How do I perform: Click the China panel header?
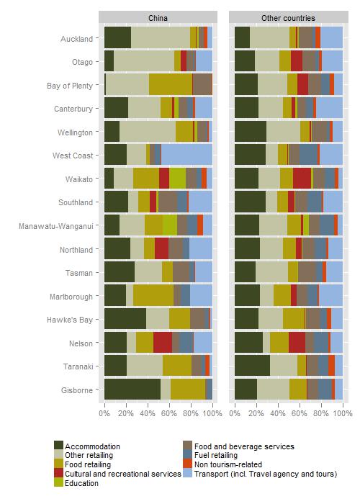click(158, 17)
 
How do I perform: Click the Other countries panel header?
click(288, 17)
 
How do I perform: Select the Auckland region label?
click(76, 39)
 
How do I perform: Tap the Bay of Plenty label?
click(70, 86)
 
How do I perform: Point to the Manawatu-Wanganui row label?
click(56, 226)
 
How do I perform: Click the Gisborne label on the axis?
click(77, 390)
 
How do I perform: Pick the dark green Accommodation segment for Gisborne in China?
click(132, 390)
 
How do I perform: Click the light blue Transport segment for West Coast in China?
click(186, 155)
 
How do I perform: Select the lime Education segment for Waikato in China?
click(177, 178)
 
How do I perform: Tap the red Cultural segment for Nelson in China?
click(163, 342)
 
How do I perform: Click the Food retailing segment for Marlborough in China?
click(153, 295)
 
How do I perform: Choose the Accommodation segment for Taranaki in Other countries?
click(252, 366)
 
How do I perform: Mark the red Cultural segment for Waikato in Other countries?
click(302, 178)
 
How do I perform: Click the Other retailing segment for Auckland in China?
click(161, 37)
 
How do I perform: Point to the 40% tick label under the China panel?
click(148, 413)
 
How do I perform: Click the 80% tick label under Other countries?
click(321, 413)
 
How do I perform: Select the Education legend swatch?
click(58, 483)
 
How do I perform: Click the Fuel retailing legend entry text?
click(216, 455)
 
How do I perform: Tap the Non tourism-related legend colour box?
click(188, 464)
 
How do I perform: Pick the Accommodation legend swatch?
click(58, 446)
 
